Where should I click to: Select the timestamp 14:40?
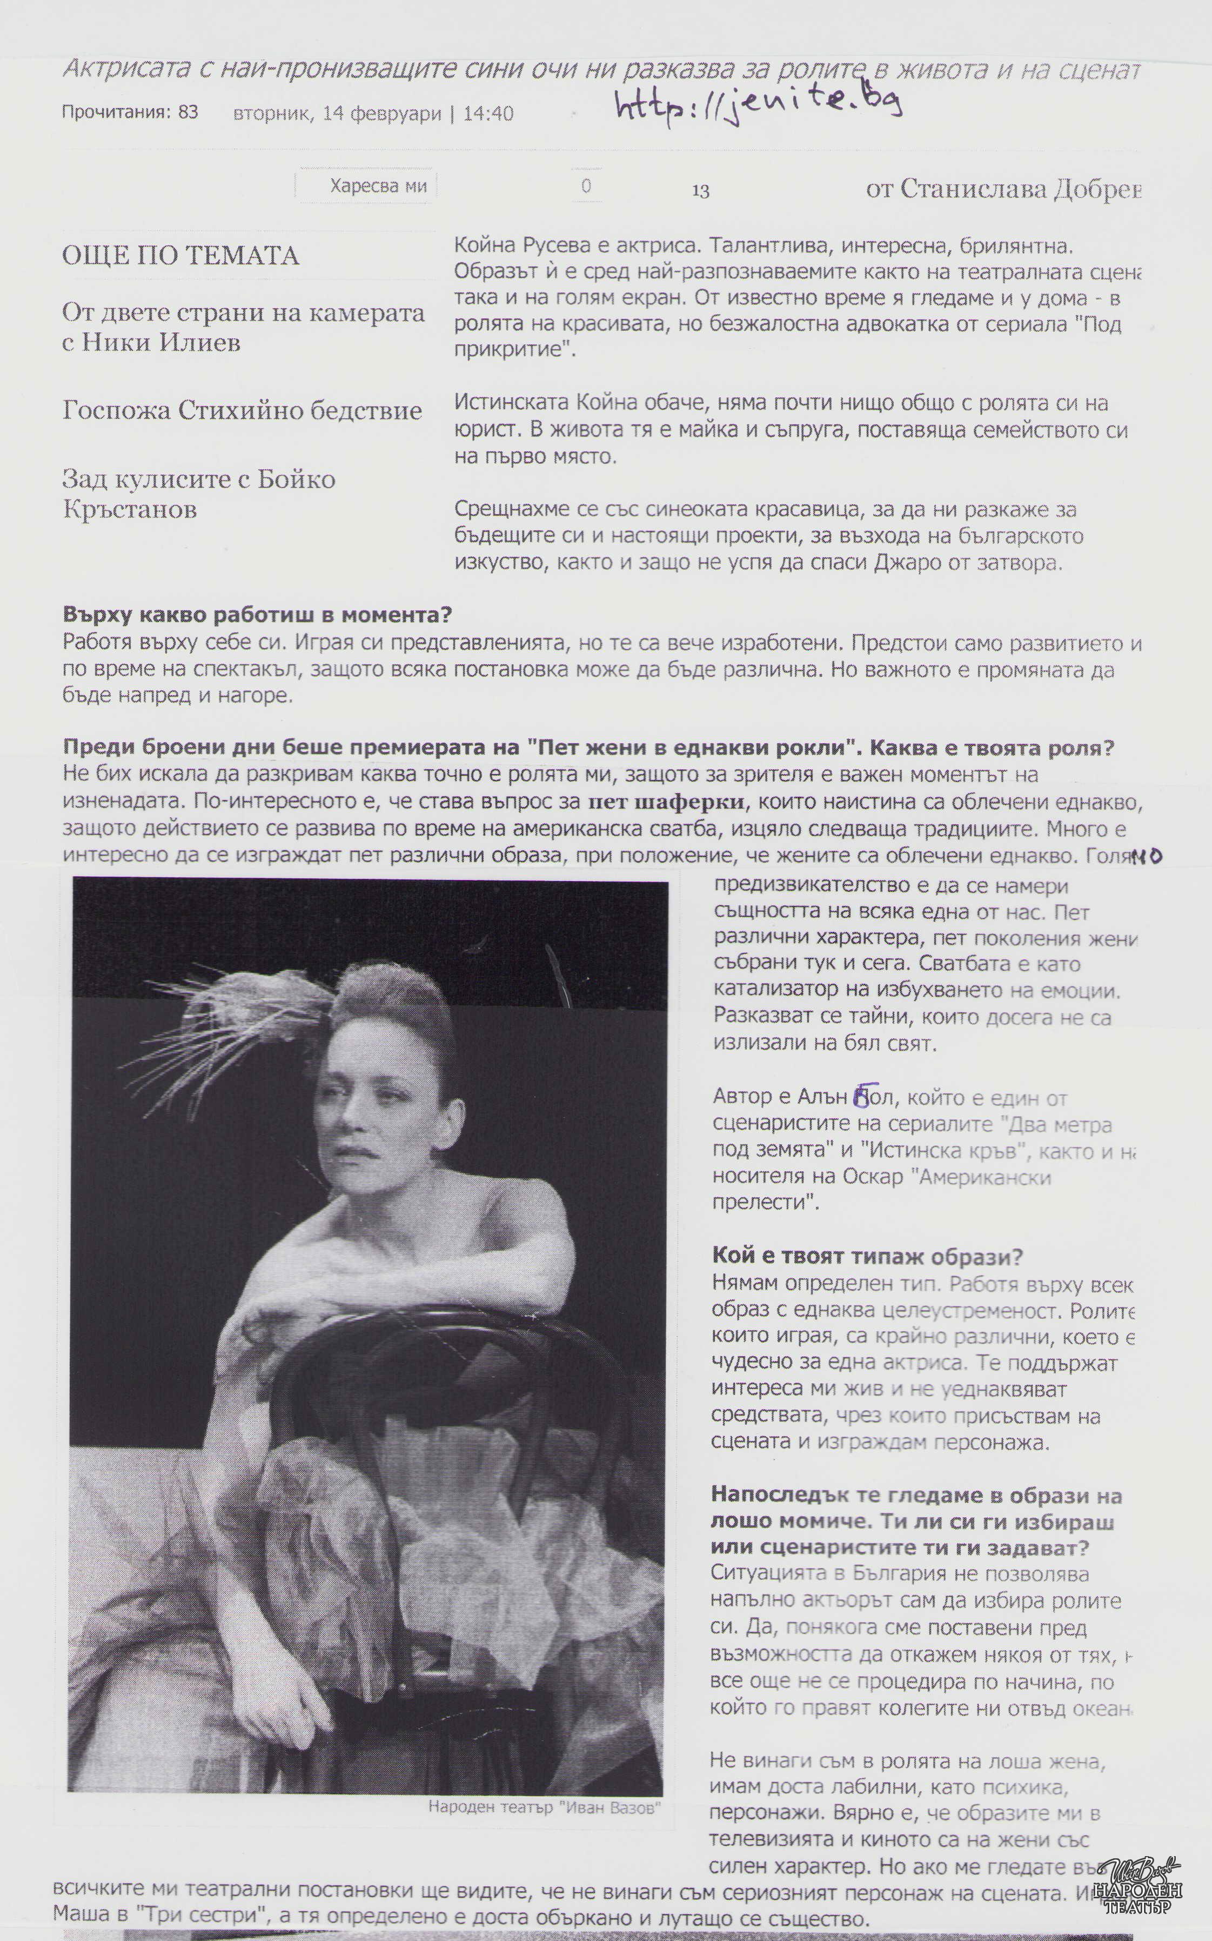[488, 113]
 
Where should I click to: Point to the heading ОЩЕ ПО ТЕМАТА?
[180, 256]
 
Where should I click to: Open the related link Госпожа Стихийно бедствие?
[242, 410]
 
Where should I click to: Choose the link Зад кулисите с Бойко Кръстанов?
[199, 494]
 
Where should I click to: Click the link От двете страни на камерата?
[243, 312]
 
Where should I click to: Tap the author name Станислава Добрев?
[1018, 189]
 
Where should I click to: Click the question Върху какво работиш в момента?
[257, 615]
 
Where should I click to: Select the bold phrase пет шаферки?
[665, 802]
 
